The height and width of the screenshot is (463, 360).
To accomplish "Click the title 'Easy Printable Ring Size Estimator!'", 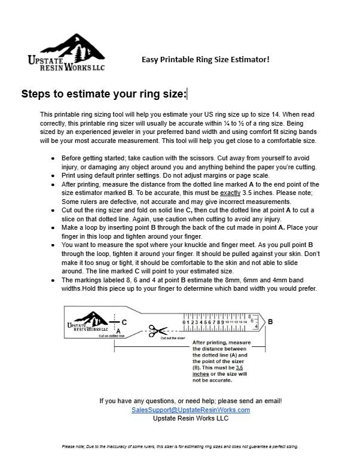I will click(x=205, y=59).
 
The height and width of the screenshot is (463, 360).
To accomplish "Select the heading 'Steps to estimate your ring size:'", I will click(x=103, y=94).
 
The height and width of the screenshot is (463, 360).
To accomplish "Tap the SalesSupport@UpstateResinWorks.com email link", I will click(x=191, y=410).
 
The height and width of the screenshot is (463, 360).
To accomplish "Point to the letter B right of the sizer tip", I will click(x=270, y=322).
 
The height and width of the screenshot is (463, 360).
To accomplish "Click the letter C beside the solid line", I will click(x=124, y=322).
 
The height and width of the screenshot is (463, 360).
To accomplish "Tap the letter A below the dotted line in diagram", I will click(x=118, y=330).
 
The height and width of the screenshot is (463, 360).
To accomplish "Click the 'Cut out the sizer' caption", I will click(x=173, y=339).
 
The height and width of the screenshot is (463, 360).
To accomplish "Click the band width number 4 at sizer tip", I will click(x=256, y=327).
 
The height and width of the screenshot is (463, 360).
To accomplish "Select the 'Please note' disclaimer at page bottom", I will click(x=180, y=446).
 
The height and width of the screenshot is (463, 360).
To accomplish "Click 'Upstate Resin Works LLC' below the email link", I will click(x=190, y=418).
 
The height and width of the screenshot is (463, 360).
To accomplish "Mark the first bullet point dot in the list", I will click(x=54, y=159).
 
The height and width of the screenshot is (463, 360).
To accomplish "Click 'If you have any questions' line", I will click(x=190, y=401).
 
